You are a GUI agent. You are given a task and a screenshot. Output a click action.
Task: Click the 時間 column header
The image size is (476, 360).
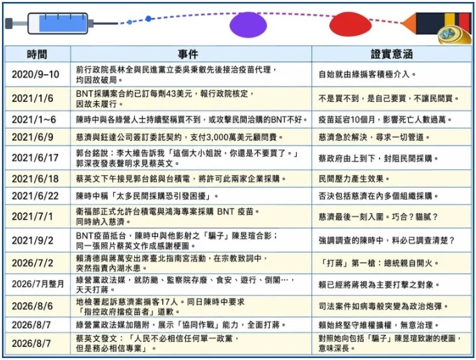[37, 54]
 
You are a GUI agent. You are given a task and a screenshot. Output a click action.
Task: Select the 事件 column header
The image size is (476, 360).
[188, 54]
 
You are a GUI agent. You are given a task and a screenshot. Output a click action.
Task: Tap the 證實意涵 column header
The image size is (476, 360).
[391, 54]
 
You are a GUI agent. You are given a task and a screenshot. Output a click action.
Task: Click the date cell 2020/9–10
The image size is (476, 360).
[36, 74]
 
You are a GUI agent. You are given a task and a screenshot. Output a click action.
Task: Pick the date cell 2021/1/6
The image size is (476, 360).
[32, 99]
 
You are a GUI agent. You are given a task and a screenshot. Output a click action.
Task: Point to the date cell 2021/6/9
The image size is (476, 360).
[32, 137]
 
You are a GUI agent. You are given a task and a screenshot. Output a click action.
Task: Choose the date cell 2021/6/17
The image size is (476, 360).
[35, 157]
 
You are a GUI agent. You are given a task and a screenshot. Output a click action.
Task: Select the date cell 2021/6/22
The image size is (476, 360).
[35, 196]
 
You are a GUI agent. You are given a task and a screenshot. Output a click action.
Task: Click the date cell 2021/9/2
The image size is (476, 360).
[32, 240]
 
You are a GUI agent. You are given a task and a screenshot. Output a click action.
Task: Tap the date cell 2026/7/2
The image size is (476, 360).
[32, 263]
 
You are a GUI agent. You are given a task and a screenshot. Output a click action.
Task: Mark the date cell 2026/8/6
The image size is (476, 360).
[32, 306]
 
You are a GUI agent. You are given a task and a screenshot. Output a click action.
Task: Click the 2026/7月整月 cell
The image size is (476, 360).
[38, 284]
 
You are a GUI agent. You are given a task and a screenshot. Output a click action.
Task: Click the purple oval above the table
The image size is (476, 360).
[248, 25]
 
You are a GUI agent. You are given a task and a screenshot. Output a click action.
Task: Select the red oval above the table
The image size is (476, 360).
[350, 24]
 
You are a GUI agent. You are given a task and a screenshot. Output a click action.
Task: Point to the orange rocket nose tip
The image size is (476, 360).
[401, 23]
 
